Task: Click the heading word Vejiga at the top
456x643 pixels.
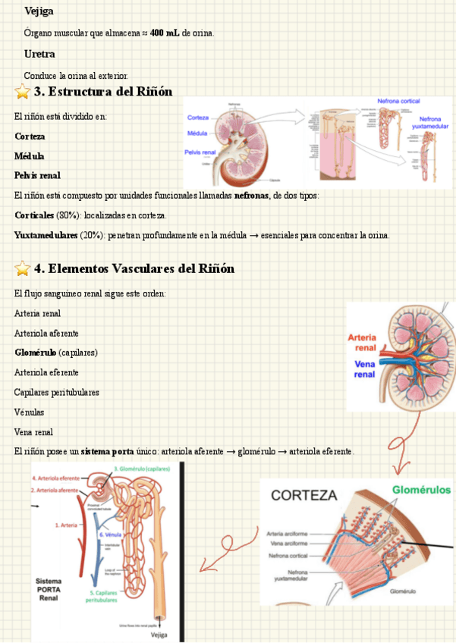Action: (x=39, y=11)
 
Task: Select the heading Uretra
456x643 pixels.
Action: (x=39, y=55)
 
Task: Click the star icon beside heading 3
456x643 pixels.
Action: (x=23, y=93)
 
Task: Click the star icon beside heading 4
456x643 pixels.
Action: (x=23, y=268)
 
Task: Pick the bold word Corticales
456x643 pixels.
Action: (x=34, y=215)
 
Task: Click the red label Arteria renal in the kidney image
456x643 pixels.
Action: (x=362, y=343)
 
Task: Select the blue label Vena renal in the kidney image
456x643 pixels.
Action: (x=364, y=369)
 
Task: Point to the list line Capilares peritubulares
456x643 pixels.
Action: (x=56, y=392)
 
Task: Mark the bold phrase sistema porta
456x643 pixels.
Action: (x=107, y=452)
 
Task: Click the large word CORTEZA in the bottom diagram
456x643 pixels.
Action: (x=303, y=496)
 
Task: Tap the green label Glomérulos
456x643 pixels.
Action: (x=421, y=490)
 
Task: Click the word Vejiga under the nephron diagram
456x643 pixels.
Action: (x=159, y=635)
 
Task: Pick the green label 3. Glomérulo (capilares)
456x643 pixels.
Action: (x=143, y=469)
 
